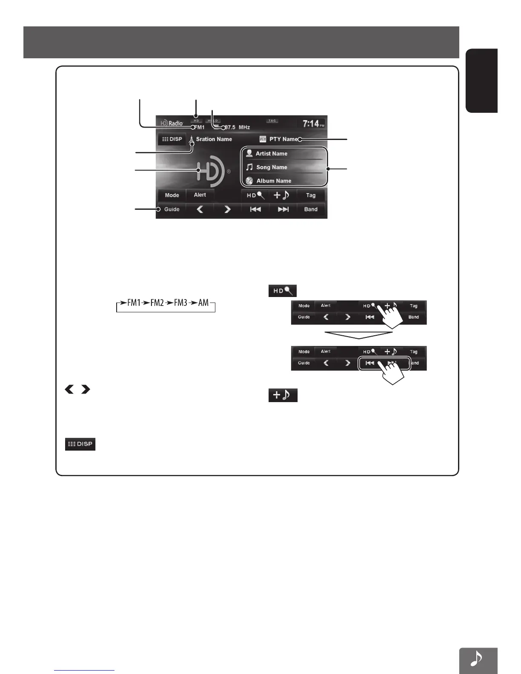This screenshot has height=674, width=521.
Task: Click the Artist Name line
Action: pos(271,154)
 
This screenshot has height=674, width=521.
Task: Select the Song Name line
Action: pos(271,167)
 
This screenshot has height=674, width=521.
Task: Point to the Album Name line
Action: pos(273,181)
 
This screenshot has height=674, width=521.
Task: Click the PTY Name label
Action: pos(283,139)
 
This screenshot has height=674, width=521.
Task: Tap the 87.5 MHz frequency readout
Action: pos(237,127)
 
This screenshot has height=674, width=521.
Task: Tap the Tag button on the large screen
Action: pos(311,195)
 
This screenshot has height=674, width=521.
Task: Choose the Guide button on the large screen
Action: pos(172,209)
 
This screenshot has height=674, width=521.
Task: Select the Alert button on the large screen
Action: pos(200,195)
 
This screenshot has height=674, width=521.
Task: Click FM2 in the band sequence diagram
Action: pos(157,303)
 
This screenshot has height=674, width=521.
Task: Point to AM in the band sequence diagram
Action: pos(203,303)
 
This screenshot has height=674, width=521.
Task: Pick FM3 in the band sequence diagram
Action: pos(180,303)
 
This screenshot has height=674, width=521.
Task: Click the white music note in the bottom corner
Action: pos(478,659)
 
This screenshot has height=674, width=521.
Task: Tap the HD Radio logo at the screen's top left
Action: pos(172,123)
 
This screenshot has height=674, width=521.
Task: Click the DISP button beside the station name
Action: pos(172,139)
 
